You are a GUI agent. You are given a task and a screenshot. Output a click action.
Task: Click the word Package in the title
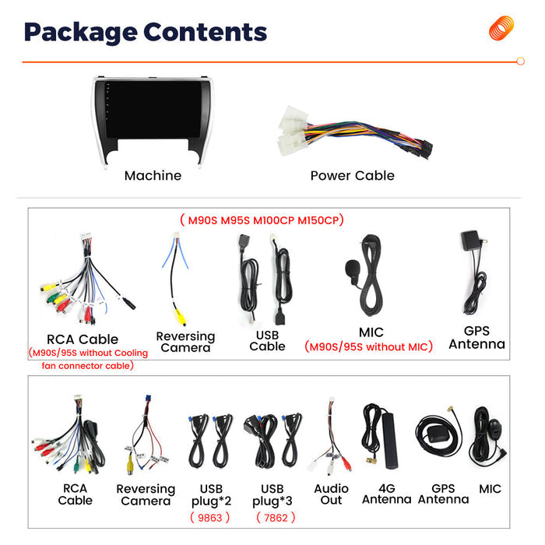click(x=81, y=33)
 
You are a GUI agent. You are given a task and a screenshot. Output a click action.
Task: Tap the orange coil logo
click(x=501, y=28)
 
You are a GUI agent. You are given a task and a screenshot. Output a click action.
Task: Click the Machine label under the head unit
click(x=153, y=175)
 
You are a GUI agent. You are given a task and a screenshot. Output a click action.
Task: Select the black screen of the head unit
click(x=153, y=110)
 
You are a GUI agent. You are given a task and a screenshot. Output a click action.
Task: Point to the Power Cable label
click(x=353, y=175)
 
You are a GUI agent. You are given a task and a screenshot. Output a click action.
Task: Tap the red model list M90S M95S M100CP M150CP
click(x=262, y=220)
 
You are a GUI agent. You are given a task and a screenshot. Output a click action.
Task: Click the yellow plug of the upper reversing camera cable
click(x=180, y=317)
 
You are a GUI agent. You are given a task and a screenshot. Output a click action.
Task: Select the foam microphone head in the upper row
click(x=352, y=268)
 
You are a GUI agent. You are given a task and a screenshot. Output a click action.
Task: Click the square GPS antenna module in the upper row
click(x=470, y=241)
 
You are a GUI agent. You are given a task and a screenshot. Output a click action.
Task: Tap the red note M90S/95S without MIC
click(x=368, y=346)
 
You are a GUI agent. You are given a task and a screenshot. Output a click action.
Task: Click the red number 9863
click(x=210, y=518)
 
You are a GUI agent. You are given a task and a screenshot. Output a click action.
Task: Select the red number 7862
click(x=276, y=518)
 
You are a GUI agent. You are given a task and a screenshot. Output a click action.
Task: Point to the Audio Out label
click(x=331, y=494)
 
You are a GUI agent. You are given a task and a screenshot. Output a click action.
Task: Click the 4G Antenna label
click(x=386, y=494)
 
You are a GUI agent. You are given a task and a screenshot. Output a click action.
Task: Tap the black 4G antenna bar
click(x=390, y=441)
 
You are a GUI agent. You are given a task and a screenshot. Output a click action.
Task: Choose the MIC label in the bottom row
click(x=490, y=489)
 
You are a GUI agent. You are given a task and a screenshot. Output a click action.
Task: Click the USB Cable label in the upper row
click(x=267, y=341)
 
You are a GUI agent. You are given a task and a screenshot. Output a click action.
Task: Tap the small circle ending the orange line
click(x=520, y=62)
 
